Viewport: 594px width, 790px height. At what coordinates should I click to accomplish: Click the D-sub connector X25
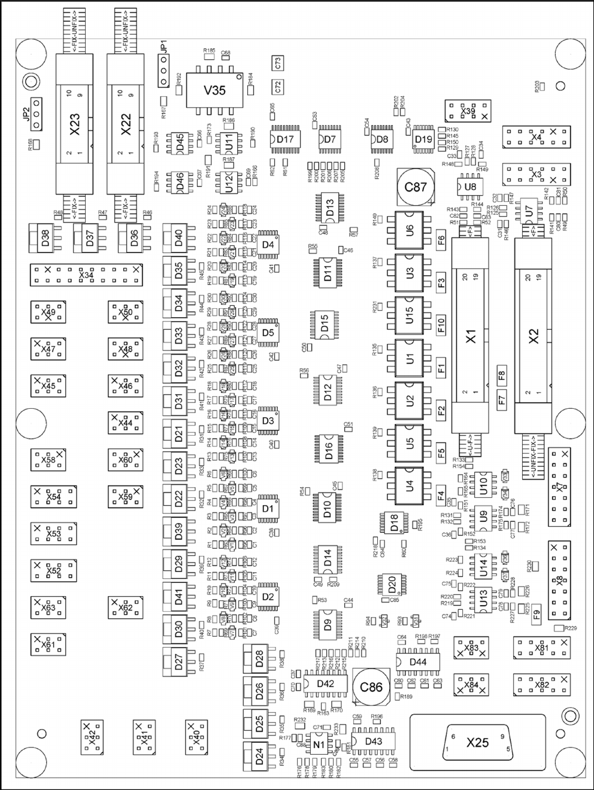tap(477, 742)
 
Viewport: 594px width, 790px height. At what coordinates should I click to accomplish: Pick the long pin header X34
tap(87, 275)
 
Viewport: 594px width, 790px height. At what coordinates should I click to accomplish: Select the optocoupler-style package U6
tap(410, 229)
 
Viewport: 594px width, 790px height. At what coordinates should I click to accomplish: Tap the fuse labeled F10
tap(441, 324)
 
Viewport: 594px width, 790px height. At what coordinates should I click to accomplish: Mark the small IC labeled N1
tap(319, 744)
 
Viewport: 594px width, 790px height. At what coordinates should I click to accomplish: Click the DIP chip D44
tap(418, 661)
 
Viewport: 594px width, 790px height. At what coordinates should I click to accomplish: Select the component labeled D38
tap(46, 238)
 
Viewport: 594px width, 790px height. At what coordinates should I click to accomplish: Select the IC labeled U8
tap(470, 187)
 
